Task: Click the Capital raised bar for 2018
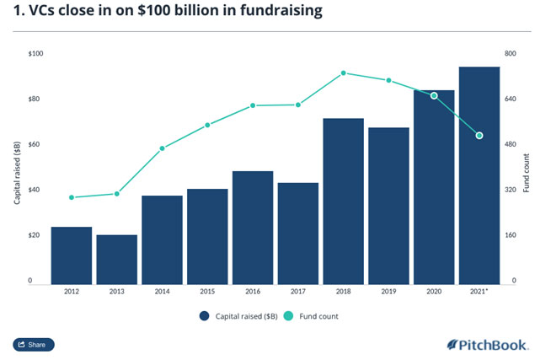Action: pos(344,202)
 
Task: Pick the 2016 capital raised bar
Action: pos(253,228)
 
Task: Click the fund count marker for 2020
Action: pos(434,96)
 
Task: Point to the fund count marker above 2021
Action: pos(479,136)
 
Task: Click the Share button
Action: pos(34,345)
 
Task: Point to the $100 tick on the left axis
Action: pos(37,54)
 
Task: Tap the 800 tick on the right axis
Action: pos(509,54)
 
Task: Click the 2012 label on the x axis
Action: pos(71,292)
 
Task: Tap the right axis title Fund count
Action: pos(526,174)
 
